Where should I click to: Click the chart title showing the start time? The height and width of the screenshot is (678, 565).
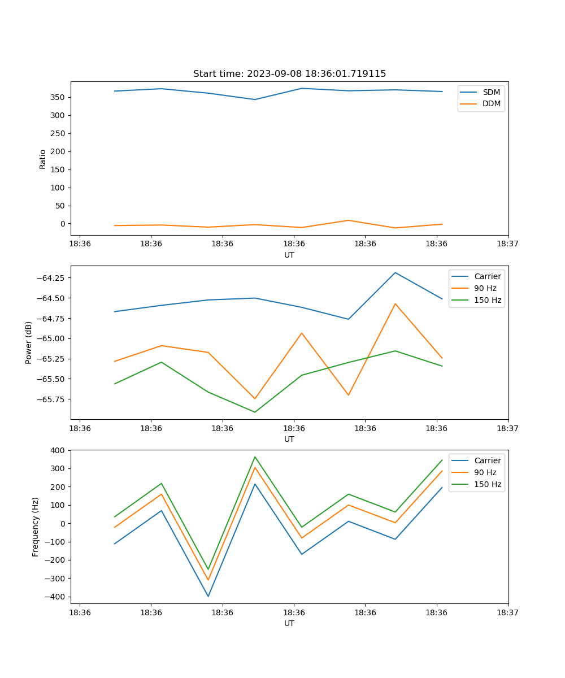(x=289, y=74)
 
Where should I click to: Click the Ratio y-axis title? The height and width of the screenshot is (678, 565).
(x=43, y=159)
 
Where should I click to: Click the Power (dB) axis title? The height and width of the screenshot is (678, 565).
(x=29, y=342)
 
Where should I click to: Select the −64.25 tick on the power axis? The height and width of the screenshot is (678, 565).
(x=51, y=278)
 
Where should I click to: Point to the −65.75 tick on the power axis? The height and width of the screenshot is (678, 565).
(x=51, y=399)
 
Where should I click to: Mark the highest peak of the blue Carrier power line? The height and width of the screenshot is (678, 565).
(x=395, y=273)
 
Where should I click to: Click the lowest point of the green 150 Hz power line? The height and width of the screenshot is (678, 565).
(x=255, y=412)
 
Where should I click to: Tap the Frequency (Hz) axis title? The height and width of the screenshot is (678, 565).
(x=36, y=527)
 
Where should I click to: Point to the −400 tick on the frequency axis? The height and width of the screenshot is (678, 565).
(x=56, y=597)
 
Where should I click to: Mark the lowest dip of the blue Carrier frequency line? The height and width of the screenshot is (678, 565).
(x=208, y=596)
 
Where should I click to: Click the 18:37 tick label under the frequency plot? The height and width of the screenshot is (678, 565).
(x=507, y=612)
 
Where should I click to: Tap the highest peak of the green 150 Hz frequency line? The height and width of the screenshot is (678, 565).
(x=255, y=457)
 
